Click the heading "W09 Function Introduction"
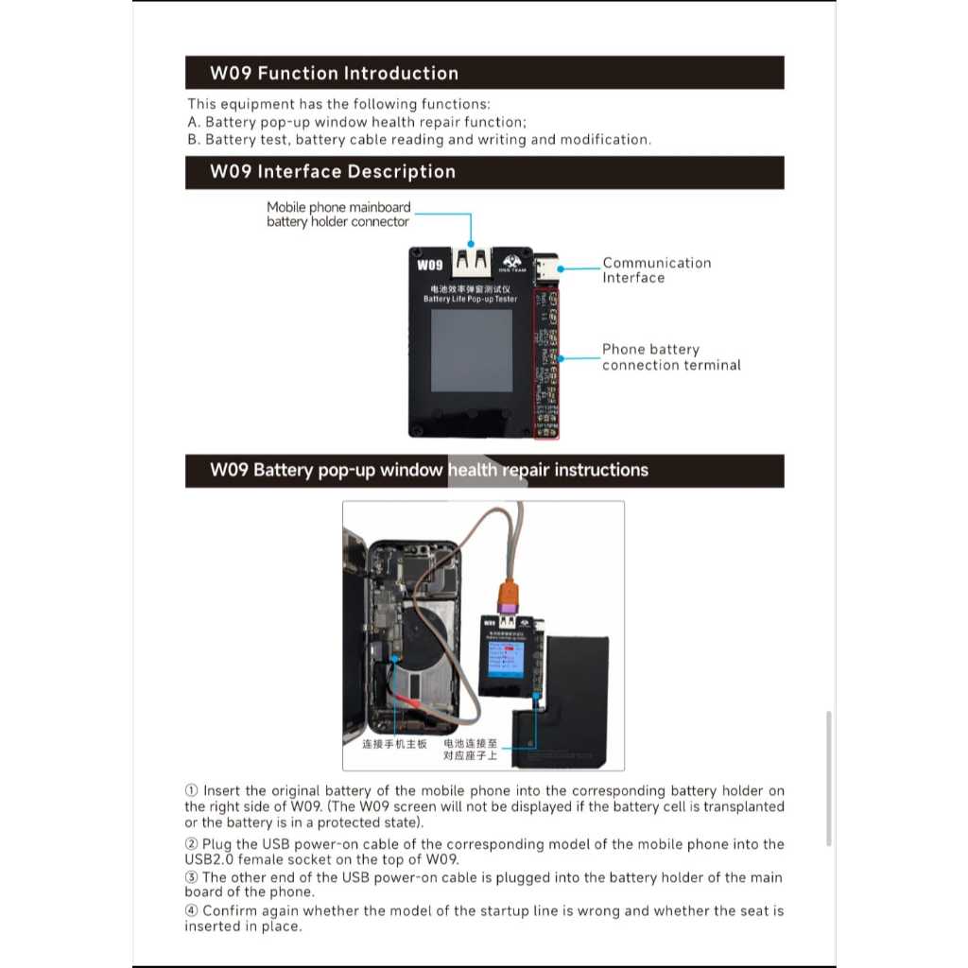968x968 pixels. pos(334,74)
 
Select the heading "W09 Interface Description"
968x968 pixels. pos(333,172)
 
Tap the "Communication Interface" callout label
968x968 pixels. pos(656,270)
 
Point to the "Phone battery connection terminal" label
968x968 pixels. pos(671,357)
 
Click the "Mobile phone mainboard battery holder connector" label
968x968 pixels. pos(338,215)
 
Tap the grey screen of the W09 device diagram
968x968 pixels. pos(472,351)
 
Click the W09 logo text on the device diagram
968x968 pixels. pos(429,265)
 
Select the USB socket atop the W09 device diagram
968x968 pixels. pos(471,260)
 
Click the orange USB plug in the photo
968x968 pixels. pos(508,596)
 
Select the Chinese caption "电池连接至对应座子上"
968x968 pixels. pos(476,750)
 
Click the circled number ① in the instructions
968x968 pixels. pos(191,790)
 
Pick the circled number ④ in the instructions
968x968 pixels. pos(191,911)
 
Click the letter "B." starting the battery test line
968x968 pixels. pos(194,140)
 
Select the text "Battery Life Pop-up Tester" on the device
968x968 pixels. pos(470,299)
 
